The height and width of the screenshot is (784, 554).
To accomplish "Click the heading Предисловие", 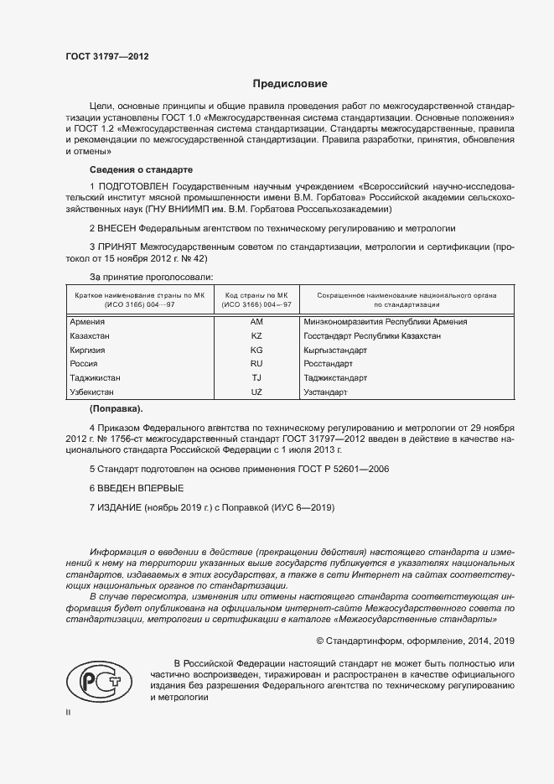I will point(290,84).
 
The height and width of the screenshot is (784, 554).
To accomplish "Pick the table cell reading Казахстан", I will point(91,335).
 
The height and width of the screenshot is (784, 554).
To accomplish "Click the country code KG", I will point(256,350).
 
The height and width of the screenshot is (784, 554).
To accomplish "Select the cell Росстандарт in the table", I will point(329,364).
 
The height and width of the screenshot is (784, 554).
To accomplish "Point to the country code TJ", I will point(256,378).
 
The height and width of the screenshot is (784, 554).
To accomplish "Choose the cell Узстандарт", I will point(326,392).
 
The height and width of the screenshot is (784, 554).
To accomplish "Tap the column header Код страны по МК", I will point(256,296).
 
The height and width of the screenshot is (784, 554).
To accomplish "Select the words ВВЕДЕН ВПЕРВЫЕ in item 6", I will point(141,488).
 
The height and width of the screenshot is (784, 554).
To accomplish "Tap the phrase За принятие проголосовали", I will point(151,276).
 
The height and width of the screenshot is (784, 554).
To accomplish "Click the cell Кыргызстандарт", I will point(336,350).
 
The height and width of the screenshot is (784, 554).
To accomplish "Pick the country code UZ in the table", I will point(256,392).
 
